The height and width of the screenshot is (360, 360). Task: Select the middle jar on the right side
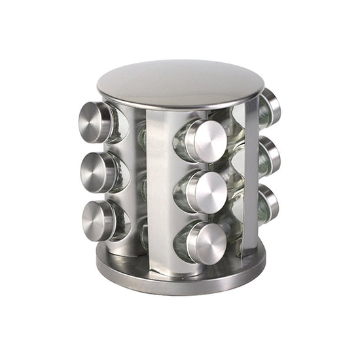coord(269,157)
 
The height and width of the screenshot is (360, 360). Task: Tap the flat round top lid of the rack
coord(180,83)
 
